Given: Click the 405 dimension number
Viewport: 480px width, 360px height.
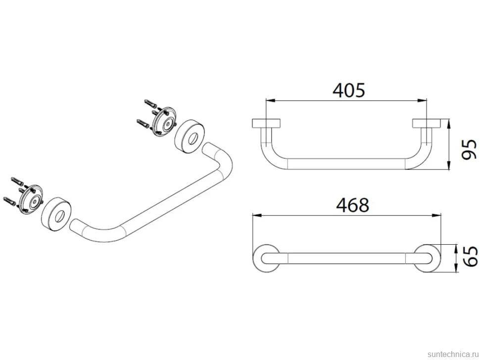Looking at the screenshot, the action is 349,90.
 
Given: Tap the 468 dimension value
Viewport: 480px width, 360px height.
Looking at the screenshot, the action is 352,205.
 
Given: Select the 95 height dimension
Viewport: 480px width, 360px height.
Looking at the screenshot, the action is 469,149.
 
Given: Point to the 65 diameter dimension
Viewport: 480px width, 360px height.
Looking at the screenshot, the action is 470,256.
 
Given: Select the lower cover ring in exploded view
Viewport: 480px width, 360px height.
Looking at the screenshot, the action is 56,215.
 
